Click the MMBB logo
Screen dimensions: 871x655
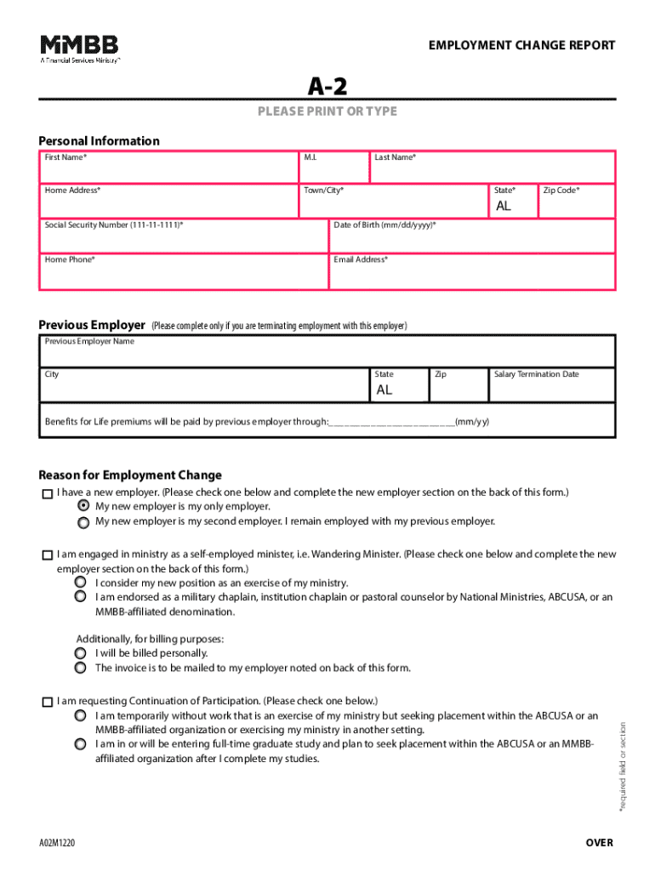[80, 49]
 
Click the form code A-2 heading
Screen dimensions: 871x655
[327, 86]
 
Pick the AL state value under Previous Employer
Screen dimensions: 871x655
[385, 390]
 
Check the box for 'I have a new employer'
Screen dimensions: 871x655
[46, 494]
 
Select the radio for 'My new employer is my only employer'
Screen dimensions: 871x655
[83, 506]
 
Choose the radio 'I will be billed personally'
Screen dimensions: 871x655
[80, 653]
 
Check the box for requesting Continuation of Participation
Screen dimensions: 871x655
[46, 703]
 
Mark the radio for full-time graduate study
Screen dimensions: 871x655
[80, 744]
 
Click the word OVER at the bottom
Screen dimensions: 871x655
[598, 843]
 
